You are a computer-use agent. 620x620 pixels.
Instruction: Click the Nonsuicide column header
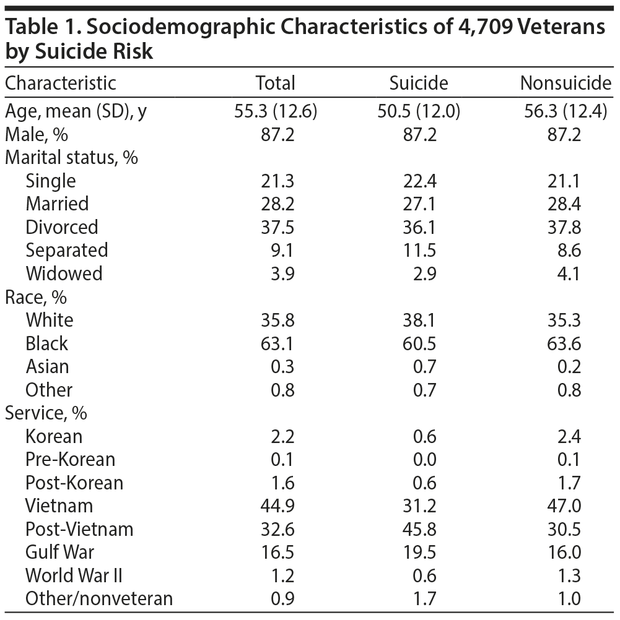pos(565,83)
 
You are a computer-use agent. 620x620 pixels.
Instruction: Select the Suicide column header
pos(418,83)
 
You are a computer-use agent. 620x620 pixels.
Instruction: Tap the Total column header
pos(276,83)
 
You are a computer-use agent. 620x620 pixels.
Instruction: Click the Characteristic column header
pos(60,83)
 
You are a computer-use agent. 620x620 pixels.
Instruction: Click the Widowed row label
pos(64,273)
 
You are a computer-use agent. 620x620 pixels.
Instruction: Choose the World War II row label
pos(74,575)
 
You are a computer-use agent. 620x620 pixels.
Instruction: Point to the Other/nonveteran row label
pos(99,599)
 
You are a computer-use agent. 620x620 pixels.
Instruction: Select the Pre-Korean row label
pos(70,460)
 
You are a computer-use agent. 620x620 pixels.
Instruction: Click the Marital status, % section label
pos(71,158)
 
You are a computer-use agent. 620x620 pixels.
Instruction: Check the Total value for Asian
pos(283,367)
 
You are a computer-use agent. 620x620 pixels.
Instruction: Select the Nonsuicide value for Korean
pos(569,437)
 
